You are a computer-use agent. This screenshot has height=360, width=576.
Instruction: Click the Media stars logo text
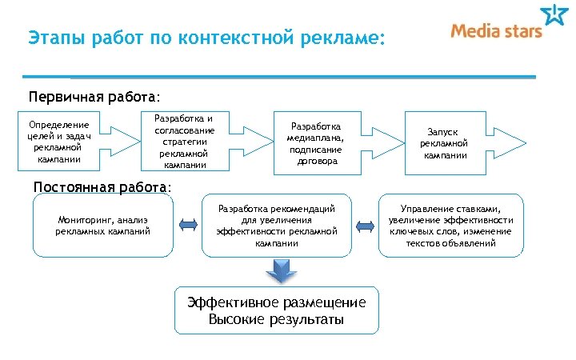tap(496, 31)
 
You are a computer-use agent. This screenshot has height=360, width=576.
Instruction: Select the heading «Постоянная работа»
tap(102, 187)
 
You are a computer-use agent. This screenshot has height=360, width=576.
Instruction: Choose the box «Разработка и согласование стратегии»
tap(183, 142)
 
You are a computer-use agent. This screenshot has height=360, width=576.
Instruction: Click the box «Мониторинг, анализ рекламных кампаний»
tap(103, 226)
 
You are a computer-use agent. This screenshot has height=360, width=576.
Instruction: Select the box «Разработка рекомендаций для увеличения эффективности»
tap(277, 226)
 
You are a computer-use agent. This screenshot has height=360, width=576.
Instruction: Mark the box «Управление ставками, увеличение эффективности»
tap(451, 226)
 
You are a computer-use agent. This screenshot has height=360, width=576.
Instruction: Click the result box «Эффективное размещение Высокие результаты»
tap(277, 311)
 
